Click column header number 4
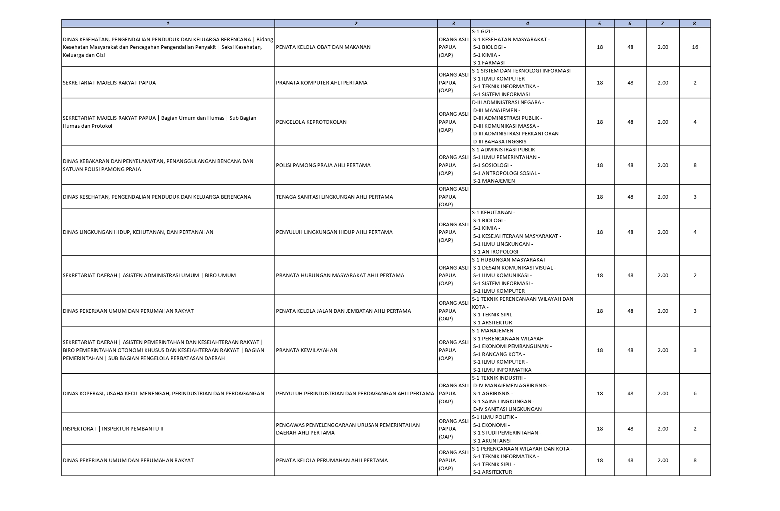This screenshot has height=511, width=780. [527, 24]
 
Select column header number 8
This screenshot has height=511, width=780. [694, 24]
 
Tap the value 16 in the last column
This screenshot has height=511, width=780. [695, 47]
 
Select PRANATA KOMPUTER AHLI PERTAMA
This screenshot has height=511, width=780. [322, 83]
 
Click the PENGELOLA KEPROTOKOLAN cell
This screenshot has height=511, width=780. [311, 122]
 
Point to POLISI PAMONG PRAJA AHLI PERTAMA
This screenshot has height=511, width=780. [323, 165]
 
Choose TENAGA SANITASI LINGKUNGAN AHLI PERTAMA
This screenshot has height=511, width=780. [334, 197]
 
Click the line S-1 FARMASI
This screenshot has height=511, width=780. [489, 63]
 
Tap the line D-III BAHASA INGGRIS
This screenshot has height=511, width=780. [500, 142]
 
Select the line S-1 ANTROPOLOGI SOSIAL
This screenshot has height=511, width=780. [506, 173]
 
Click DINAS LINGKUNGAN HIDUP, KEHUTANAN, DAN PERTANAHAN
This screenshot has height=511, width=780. [138, 232]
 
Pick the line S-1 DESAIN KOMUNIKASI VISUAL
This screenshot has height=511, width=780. [514, 268]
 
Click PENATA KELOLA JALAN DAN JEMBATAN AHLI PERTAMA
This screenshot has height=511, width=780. [343, 311]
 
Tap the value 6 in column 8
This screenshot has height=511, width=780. [695, 394]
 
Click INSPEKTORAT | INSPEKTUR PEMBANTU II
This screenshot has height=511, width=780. [113, 429]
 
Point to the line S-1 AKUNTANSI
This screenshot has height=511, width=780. [492, 441]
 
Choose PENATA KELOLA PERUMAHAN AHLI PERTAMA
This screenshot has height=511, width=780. [332, 461]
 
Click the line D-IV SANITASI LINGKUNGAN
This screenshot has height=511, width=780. [507, 409]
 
